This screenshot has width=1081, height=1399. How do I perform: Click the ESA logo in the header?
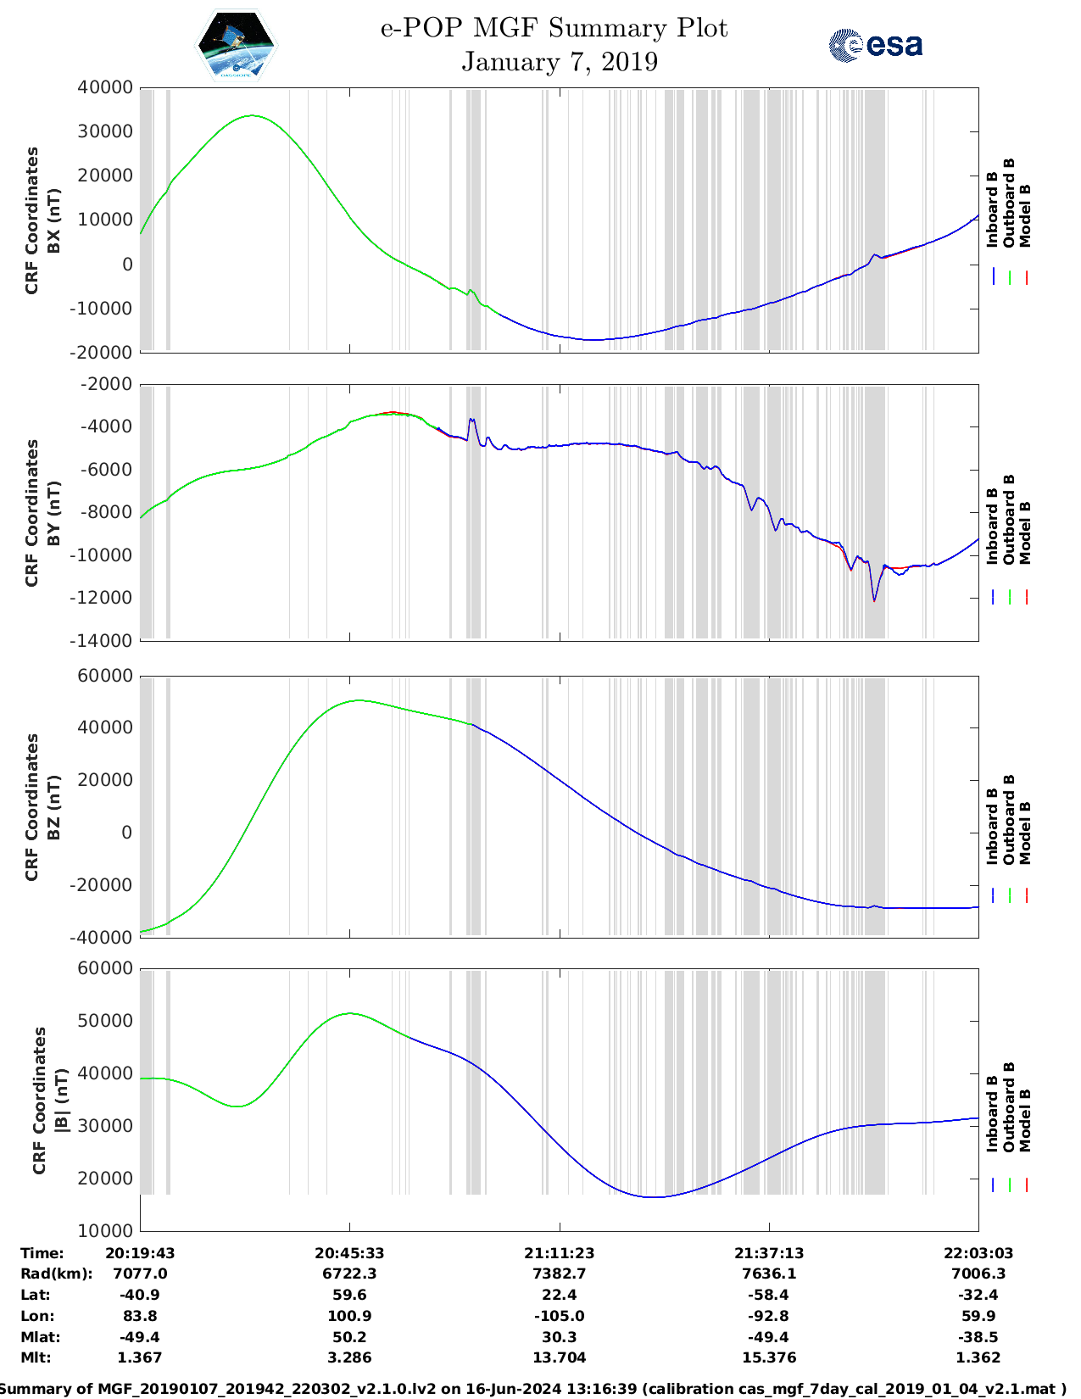[x=876, y=45]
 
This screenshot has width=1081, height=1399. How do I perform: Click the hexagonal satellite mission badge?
[x=237, y=46]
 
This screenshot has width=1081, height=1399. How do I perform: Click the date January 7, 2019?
[x=560, y=62]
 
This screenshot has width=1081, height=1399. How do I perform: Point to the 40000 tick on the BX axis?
[x=105, y=87]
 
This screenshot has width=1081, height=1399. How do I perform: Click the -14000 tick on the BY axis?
[x=105, y=641]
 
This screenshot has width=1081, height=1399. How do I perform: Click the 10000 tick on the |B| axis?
[x=105, y=1231]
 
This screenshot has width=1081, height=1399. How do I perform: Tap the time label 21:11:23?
[x=559, y=1253]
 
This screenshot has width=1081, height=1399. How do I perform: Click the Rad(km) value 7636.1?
[x=769, y=1274]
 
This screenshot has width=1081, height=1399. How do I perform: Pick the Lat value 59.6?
[x=349, y=1296]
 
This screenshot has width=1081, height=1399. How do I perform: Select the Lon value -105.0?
[x=559, y=1317]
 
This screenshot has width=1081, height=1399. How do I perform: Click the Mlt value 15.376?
[x=769, y=1358]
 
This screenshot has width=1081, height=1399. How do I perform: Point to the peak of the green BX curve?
[x=252, y=115]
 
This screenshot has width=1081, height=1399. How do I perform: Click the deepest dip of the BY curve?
[x=874, y=601]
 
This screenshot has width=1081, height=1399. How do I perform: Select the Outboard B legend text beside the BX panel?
[x=1009, y=203]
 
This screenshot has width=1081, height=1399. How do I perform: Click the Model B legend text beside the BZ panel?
[x=1025, y=833]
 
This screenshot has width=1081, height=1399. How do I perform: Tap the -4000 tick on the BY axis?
[x=105, y=426]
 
